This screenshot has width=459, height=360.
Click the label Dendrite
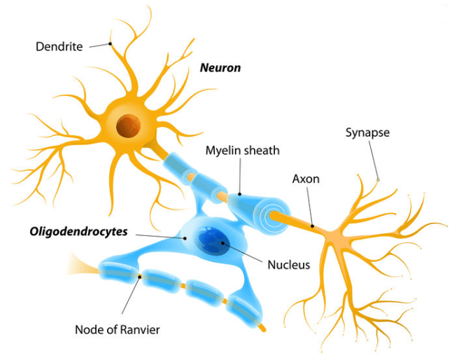(59, 47)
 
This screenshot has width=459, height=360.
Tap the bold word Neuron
(220, 68)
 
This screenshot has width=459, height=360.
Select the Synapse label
(367, 132)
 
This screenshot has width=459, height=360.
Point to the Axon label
(305, 179)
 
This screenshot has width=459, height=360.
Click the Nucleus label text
(288, 265)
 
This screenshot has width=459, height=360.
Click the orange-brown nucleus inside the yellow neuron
(128, 126)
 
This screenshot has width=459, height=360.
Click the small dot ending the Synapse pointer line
(379, 181)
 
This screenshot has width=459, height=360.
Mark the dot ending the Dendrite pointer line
(110, 44)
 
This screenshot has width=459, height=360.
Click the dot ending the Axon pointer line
(313, 226)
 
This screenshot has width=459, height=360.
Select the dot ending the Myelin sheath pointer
(239, 193)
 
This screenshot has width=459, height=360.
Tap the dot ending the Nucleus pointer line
(225, 243)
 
